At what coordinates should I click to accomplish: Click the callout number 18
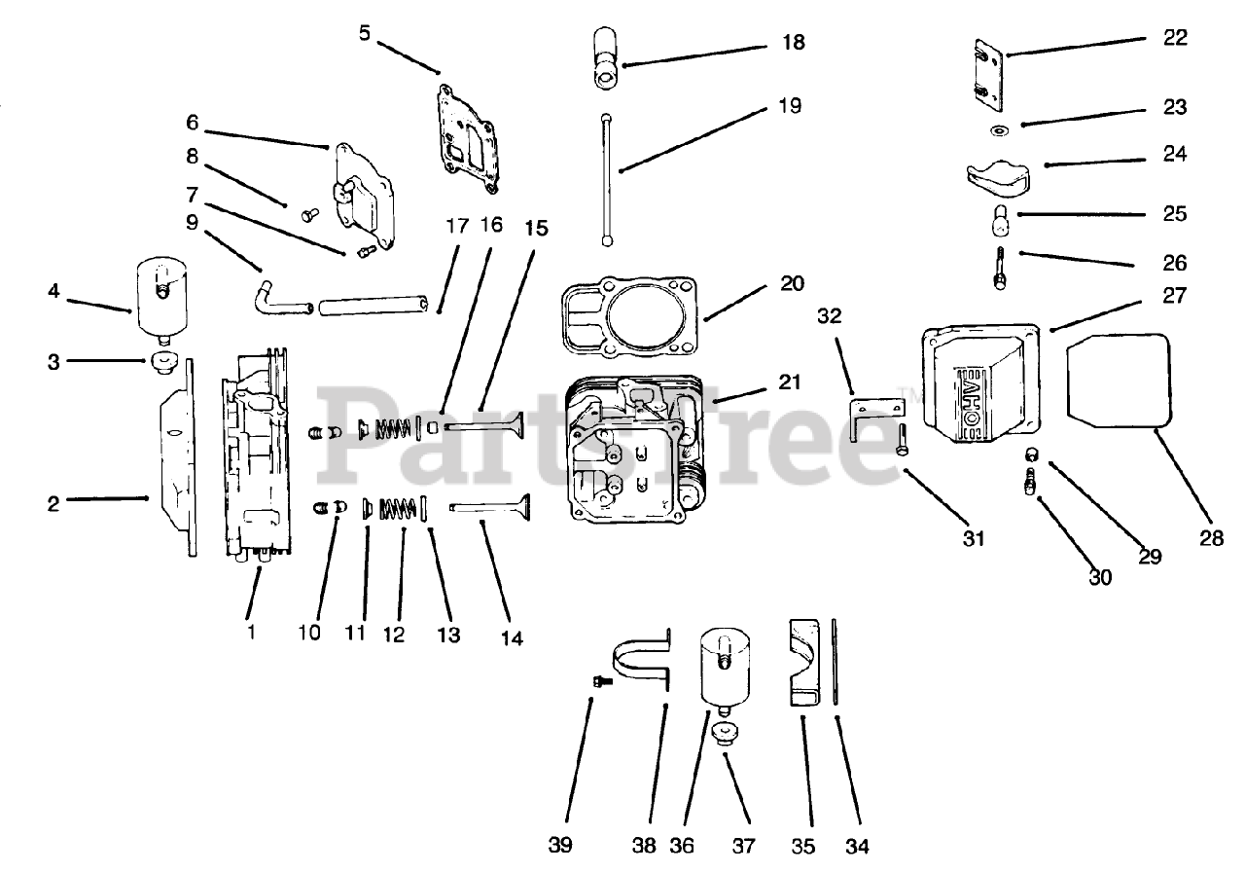click(792, 43)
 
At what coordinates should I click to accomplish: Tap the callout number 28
click(1211, 536)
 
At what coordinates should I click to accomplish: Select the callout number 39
click(559, 846)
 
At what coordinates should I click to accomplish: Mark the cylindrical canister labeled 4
click(160, 293)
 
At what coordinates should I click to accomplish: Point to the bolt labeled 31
click(902, 441)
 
